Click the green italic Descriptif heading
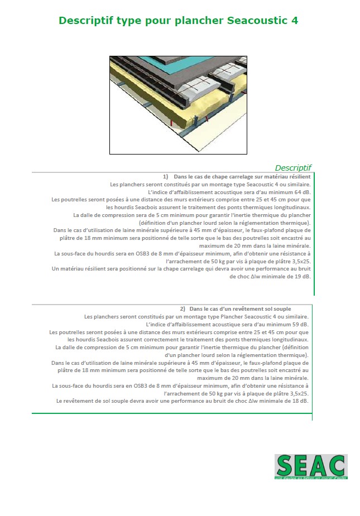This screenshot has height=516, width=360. tap(293, 167)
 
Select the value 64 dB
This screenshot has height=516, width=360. tap(301, 192)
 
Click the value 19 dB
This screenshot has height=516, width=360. tap(304, 276)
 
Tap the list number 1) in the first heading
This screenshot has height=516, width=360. tap(166, 176)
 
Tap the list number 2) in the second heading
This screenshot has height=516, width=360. tap(183, 308)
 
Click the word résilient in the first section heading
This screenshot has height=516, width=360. tap(298, 176)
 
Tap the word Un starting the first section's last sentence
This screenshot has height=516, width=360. tap(55, 268)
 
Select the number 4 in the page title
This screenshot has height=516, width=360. tap(294, 21)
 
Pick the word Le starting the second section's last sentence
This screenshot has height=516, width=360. tap(59, 401)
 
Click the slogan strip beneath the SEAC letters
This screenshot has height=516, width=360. tap(310, 478)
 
